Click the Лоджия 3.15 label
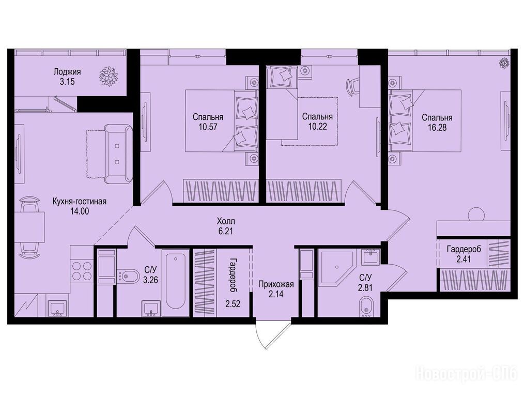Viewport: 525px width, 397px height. pyautogui.click(x=67, y=77)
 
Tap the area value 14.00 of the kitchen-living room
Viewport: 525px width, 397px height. pyautogui.click(x=80, y=211)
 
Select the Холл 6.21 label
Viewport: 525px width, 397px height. pyautogui.click(x=226, y=226)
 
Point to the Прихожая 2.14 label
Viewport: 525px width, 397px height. pyautogui.click(x=276, y=289)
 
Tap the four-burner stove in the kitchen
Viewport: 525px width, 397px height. pyautogui.click(x=82, y=270)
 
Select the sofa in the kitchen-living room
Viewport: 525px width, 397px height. pyautogui.click(x=118, y=154)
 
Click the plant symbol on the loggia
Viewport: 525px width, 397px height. pyautogui.click(x=109, y=77)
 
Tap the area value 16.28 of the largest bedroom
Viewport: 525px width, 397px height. pyautogui.click(x=437, y=128)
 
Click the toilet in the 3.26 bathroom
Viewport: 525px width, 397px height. pyautogui.click(x=127, y=276)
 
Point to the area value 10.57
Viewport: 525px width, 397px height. pyautogui.click(x=208, y=127)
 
